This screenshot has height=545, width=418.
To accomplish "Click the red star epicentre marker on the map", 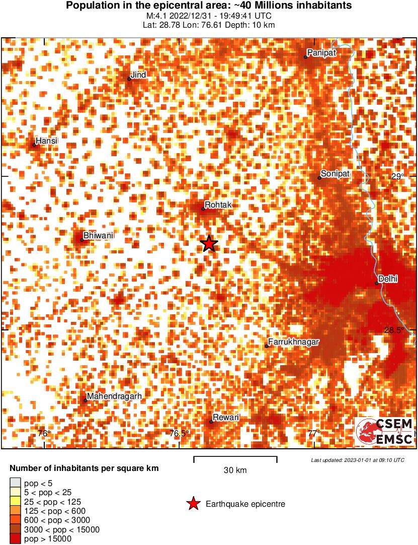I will [209, 243].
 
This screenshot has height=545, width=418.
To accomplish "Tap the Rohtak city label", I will [217, 205].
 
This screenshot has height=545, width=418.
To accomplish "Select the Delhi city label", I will [388, 279].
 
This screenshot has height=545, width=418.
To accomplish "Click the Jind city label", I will [138, 75].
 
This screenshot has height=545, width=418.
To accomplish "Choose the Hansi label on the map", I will [47, 141].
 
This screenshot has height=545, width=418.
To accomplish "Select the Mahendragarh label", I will [114, 396].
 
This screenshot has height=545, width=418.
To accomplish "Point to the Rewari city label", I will [226, 418].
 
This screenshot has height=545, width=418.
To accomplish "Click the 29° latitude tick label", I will [398, 176].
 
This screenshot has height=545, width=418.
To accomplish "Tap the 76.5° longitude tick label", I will [180, 434].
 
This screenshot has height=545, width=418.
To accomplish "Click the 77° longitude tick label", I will [314, 434].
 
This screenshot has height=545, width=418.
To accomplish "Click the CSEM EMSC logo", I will [385, 432].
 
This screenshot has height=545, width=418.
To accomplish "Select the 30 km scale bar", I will [235, 459].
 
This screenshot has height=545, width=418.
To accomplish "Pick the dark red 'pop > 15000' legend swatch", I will [16, 538].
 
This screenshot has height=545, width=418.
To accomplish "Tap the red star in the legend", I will [193, 504].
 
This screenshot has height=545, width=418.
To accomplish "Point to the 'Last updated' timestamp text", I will [357, 460].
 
